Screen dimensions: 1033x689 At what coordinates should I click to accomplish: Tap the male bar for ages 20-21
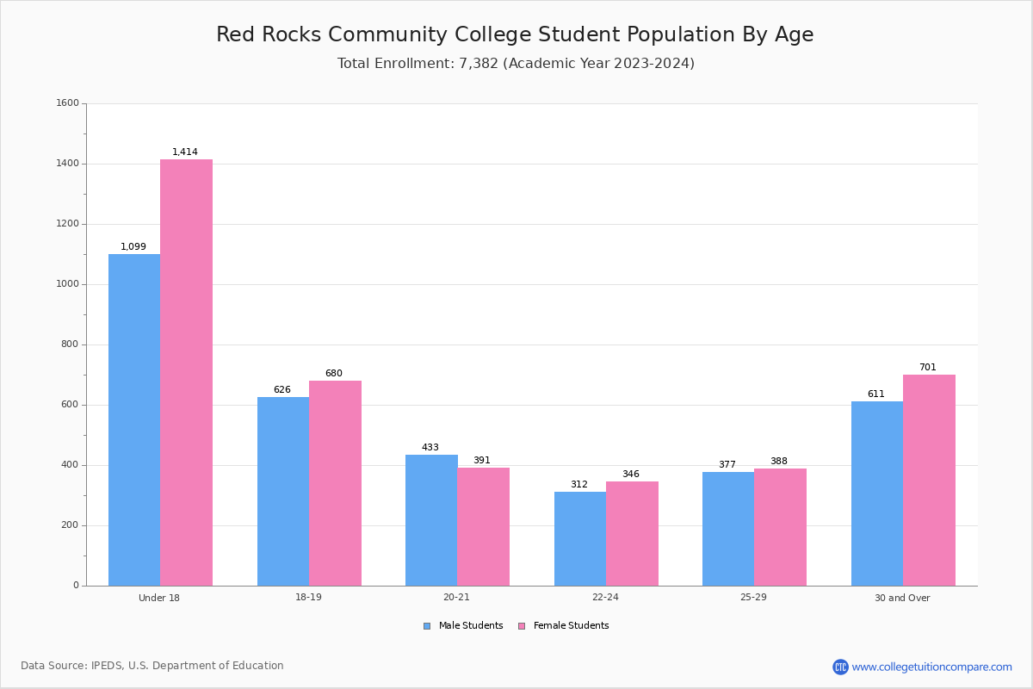431,520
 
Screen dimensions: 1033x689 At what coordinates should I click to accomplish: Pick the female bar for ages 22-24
632,533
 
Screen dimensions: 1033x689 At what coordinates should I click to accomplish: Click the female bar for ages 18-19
335,483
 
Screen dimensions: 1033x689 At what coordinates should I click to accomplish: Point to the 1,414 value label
185,152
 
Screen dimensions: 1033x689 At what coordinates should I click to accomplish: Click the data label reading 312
579,485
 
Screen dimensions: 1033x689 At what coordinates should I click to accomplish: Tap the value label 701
927,368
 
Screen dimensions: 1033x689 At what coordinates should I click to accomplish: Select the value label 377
727,465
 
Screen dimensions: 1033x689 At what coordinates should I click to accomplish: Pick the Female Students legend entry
564,626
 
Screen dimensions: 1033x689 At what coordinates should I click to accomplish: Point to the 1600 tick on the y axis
68,103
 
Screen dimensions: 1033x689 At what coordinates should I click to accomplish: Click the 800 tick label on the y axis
71,344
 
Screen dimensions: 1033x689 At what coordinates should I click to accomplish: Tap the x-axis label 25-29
753,598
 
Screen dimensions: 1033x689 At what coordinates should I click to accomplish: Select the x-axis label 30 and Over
902,598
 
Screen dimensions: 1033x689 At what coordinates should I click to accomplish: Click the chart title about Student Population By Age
515,34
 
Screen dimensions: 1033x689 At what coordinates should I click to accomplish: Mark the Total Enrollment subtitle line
516,64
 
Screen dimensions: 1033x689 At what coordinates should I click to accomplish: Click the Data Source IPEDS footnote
152,666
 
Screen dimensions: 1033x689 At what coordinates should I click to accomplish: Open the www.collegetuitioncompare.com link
931,667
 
